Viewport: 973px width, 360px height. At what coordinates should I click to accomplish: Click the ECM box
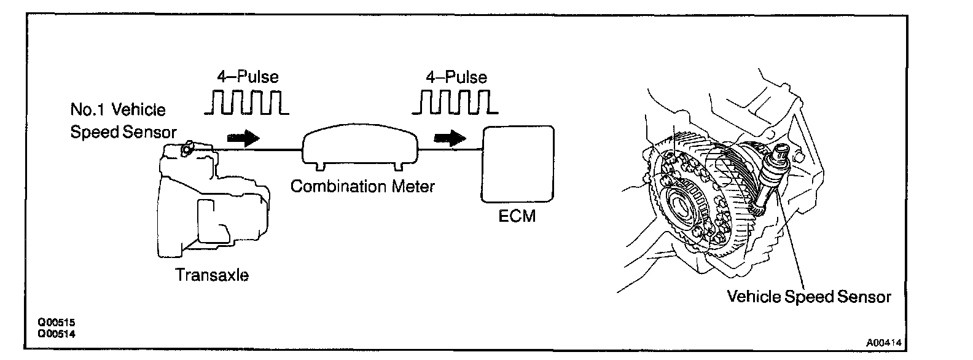518,163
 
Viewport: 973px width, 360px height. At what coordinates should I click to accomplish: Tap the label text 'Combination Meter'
362,186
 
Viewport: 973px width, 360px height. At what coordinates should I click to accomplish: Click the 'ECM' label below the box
518,216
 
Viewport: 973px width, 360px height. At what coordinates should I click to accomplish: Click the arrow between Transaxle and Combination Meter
243,138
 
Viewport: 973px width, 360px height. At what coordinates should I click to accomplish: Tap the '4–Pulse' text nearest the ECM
456,77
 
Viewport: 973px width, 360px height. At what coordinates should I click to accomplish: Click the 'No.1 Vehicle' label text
118,110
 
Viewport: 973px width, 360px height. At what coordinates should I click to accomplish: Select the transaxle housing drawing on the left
209,203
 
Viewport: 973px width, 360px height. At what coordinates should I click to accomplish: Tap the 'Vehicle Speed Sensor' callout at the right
808,297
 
